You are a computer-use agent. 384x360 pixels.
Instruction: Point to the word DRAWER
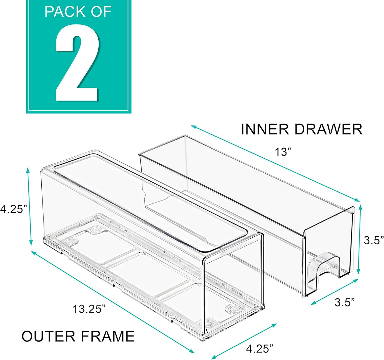tap(328, 129)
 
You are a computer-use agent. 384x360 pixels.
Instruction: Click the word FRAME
tap(108, 336)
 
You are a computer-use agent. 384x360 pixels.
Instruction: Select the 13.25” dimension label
tap(89, 309)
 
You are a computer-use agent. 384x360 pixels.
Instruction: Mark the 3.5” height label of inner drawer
tap(374, 240)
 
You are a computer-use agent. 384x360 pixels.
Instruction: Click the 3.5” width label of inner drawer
tap(345, 302)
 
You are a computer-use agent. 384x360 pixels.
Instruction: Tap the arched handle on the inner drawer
tap(324, 269)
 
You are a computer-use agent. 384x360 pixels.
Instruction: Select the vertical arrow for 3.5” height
tap(360, 239)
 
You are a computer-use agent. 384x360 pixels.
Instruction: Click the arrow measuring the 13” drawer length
tap(275, 163)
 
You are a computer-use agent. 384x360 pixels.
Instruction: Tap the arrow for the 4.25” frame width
tap(244, 341)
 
